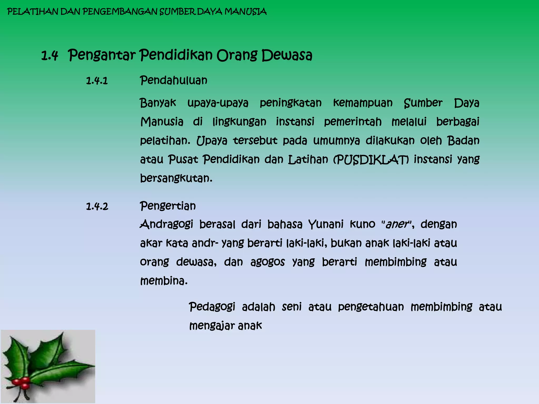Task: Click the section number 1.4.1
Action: pos(97,81)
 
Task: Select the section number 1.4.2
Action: pos(97,206)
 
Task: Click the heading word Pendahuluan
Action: pos(173,80)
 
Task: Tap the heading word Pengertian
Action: pos(168,206)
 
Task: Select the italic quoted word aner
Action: pos(397,224)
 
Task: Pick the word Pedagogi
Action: pos(212,307)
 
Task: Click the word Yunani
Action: pos(326,224)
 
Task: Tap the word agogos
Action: pos(267,262)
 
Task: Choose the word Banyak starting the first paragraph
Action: pos(158,103)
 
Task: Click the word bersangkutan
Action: pos(176,178)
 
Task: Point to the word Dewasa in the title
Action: pos(287,55)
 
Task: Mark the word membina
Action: pos(163,281)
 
